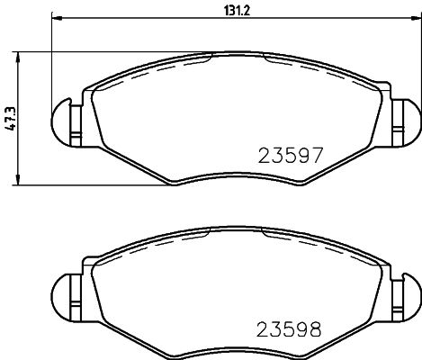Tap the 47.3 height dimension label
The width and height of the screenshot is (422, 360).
tap(10, 118)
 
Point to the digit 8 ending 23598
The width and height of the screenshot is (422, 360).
tap(315, 329)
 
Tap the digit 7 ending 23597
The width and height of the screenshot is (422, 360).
tap(315, 154)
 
